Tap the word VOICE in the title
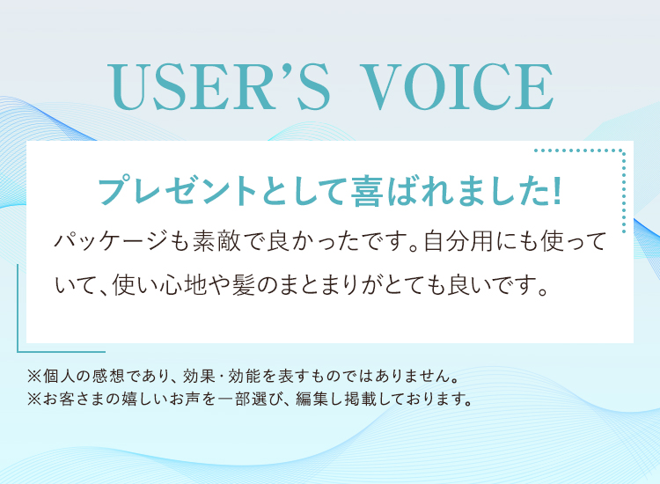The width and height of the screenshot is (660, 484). pos(457,87)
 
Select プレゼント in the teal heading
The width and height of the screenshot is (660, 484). pos(177,192)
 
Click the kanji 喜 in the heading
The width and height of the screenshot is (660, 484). pos(368,192)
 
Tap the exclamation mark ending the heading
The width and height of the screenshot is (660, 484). pos(557,192)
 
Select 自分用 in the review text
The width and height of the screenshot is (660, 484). pos(458,242)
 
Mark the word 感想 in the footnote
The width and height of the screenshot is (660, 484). pos(107,376)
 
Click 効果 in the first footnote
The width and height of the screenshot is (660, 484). pos(200,376)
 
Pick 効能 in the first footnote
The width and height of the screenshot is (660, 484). pos(245,376)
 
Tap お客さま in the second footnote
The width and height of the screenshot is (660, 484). pos(74,399)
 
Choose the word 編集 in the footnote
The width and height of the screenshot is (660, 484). pos(312,399)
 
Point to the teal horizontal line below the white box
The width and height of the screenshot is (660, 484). pos(62,352)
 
